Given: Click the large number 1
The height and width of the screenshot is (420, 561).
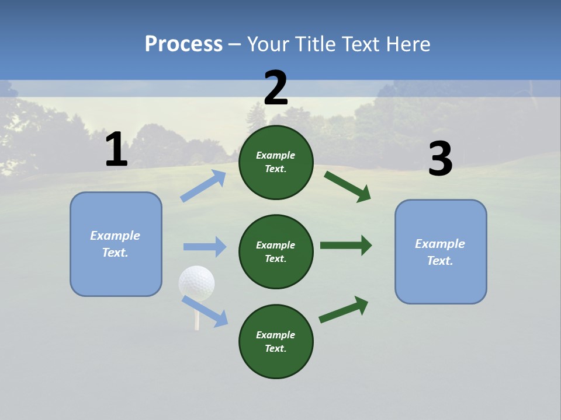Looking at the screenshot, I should coord(116,150).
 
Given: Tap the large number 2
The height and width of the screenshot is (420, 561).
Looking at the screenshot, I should coord(276,88).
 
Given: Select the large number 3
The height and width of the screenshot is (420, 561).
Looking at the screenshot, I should coord(440,159).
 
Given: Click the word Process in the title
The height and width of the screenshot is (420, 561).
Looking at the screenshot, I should coord(183,44).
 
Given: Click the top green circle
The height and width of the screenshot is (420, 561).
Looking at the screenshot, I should coord(276,162).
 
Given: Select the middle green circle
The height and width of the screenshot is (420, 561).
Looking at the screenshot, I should coord(276,251).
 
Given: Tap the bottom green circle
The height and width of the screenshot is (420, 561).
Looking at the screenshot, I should coord(276,341).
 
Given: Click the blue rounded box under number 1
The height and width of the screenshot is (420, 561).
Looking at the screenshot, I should coord(116,244).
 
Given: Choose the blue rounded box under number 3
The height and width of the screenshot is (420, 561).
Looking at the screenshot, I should coord(441,251).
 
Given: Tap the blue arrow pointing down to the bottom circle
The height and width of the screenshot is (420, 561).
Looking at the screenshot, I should coord(205,311).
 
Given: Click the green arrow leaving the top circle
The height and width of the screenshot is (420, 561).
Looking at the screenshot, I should coord(348,187).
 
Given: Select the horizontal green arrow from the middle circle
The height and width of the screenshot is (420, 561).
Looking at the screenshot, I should coord(346,245).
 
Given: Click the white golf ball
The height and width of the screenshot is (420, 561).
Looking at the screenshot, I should coord(196,283).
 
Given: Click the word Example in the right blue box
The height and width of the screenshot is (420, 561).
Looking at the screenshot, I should coord(440,244).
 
